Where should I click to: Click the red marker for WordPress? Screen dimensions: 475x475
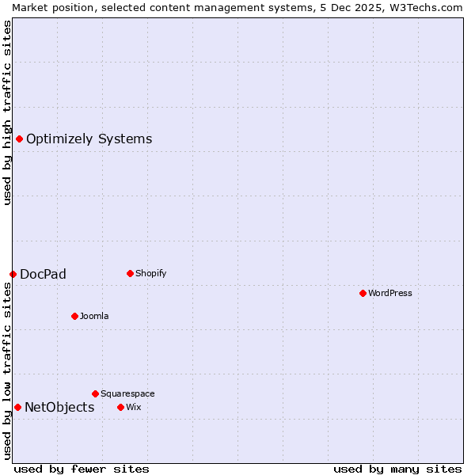tap(363, 293)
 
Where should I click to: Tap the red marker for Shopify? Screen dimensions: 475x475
tap(130, 273)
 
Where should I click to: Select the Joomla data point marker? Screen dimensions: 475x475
tap(74, 316)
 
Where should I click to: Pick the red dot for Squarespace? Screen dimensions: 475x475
tap(95, 393)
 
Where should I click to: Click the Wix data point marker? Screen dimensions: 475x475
tap(120, 407)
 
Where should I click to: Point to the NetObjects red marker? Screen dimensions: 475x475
tap(17, 407)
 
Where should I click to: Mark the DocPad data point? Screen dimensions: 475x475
tap(13, 274)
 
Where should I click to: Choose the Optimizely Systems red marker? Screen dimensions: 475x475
tap(19, 139)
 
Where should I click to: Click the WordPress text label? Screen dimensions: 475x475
tap(390, 293)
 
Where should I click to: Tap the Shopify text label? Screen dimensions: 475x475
tap(150, 273)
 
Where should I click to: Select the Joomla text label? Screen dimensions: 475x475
tap(94, 316)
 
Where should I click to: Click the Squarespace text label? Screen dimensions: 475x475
tap(127, 393)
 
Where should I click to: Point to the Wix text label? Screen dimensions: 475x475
tap(133, 407)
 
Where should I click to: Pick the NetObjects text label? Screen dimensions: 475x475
tap(59, 408)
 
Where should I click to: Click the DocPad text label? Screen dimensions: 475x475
tap(43, 275)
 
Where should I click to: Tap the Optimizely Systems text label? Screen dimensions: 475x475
tap(89, 139)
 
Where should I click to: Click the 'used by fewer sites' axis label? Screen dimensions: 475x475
tap(82, 469)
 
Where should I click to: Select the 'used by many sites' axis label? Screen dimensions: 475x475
tap(397, 469)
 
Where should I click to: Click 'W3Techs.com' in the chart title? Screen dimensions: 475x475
tap(431, 7)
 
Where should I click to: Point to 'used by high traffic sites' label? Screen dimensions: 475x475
tap(7, 112)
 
